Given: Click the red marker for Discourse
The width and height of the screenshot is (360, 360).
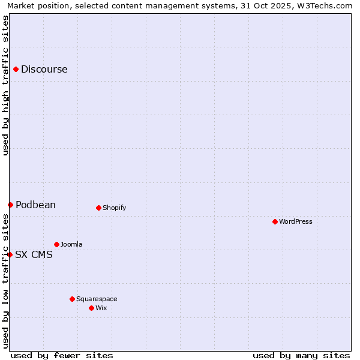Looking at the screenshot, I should pyautogui.click(x=16, y=70).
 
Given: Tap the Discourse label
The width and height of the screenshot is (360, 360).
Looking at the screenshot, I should pyautogui.click(x=44, y=70).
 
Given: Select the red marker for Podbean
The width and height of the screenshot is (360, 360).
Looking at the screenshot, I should pyautogui.click(x=10, y=205).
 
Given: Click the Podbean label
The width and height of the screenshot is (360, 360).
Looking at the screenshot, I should pyautogui.click(x=35, y=205).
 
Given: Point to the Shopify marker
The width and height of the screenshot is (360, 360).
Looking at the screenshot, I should pyautogui.click(x=98, y=208).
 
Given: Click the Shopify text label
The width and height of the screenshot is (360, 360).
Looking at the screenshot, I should pyautogui.click(x=114, y=208).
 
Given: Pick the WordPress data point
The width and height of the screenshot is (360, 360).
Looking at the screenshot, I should pyautogui.click(x=275, y=222).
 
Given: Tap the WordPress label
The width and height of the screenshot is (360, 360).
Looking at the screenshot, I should pyautogui.click(x=295, y=222).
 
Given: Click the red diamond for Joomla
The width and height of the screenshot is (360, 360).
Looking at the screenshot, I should pyautogui.click(x=56, y=245).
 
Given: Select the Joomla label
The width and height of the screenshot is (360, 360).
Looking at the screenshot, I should pyautogui.click(x=71, y=245).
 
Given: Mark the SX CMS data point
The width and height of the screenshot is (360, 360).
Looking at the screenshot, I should pyautogui.click(x=10, y=255).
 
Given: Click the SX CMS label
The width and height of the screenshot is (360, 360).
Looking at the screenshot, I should pyautogui.click(x=34, y=255).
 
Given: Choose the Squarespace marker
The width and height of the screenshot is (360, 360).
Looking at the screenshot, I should pyautogui.click(x=72, y=299).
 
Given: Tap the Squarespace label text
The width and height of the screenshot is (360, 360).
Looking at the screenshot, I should pyautogui.click(x=97, y=299).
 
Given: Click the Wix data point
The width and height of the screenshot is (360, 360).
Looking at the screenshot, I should pyautogui.click(x=91, y=308).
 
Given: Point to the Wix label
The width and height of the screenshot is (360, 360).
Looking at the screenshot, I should pyautogui.click(x=101, y=308).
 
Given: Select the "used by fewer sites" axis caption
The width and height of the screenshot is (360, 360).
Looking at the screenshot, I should pyautogui.click(x=62, y=356).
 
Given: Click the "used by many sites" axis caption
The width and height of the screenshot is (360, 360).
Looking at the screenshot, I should pyautogui.click(x=301, y=356).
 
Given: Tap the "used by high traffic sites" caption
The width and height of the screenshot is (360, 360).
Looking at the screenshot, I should pyautogui.click(x=6, y=85).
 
